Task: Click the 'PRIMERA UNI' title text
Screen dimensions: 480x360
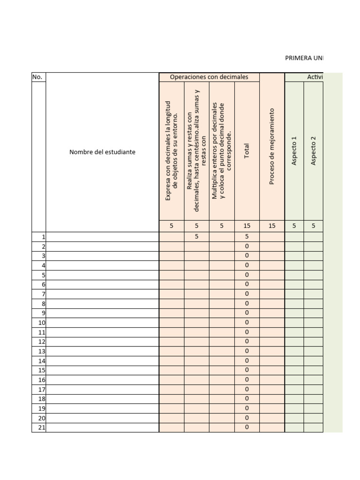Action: point(304,58)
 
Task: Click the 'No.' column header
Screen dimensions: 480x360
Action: point(37,77)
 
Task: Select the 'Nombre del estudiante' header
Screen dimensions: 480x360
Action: point(102,152)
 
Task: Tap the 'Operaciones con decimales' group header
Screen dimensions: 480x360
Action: point(209,77)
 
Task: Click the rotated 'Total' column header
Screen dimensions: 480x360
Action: point(247,151)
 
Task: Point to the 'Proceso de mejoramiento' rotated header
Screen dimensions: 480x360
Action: point(271,146)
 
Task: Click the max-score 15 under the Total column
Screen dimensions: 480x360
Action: point(247,225)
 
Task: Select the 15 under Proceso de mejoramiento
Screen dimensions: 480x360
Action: point(271,225)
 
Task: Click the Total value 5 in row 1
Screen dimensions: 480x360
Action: point(247,237)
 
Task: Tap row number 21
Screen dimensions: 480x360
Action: point(41,427)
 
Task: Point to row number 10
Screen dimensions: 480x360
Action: point(41,322)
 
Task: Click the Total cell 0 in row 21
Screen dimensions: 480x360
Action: point(247,427)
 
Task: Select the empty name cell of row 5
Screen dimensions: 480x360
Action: point(102,275)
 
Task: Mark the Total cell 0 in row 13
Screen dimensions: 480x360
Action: point(247,351)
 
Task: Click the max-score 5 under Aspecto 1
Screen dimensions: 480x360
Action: point(294,225)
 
